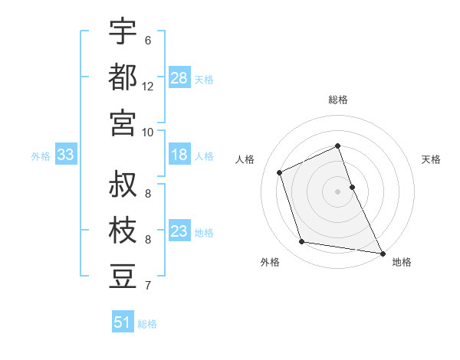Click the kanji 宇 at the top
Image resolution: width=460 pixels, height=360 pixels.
[123, 32]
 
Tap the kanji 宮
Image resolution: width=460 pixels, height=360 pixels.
[123, 122]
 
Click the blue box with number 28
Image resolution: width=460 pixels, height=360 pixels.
[179, 77]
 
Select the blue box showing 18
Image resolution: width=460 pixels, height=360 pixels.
[179, 155]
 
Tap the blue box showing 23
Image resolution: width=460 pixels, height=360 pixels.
[179, 231]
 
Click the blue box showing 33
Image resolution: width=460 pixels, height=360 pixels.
[65, 155]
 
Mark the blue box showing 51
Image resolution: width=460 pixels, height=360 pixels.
[122, 322]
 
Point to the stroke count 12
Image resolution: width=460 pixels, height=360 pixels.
[148, 87]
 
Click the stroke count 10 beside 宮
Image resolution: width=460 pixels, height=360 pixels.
[148, 132]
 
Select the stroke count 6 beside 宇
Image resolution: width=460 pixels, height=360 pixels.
[148, 41]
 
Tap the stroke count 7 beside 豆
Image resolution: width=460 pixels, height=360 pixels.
[148, 286]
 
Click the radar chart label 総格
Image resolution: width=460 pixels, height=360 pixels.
[338, 100]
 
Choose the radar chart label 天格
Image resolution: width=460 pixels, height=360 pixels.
[432, 159]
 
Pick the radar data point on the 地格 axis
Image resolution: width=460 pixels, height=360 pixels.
[381, 252]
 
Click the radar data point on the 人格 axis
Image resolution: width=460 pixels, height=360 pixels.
[280, 172]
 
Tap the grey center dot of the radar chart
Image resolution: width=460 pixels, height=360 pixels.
[338, 191]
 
